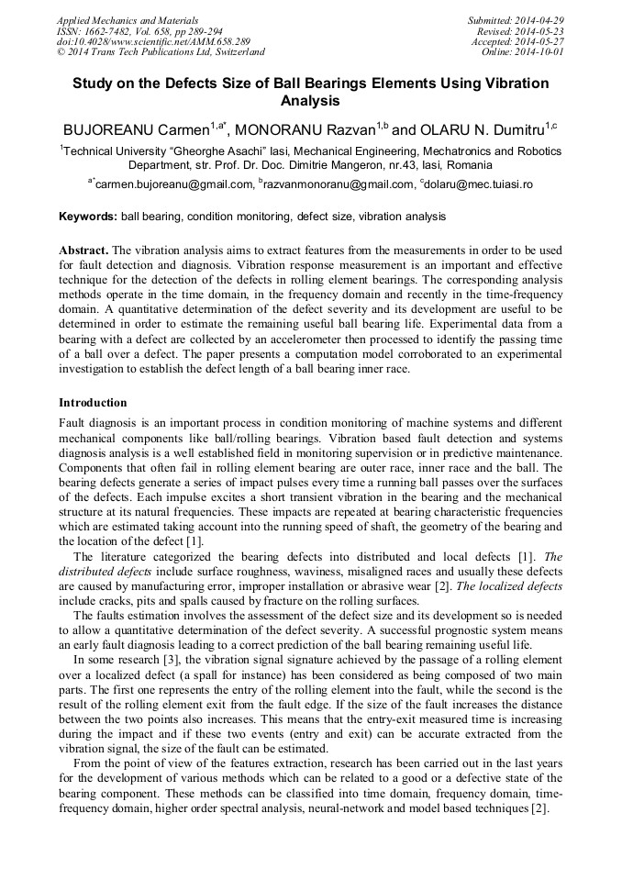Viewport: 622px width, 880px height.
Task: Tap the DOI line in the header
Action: (x=152, y=42)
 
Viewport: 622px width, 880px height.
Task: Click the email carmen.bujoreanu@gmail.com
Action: (x=173, y=184)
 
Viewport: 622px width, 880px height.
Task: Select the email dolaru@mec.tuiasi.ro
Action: (x=479, y=184)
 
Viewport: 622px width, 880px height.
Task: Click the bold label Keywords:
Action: (x=88, y=217)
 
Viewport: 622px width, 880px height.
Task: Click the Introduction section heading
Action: (x=93, y=403)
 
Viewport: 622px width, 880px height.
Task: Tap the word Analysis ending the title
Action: (x=310, y=101)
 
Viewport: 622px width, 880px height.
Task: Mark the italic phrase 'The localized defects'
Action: (x=502, y=585)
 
